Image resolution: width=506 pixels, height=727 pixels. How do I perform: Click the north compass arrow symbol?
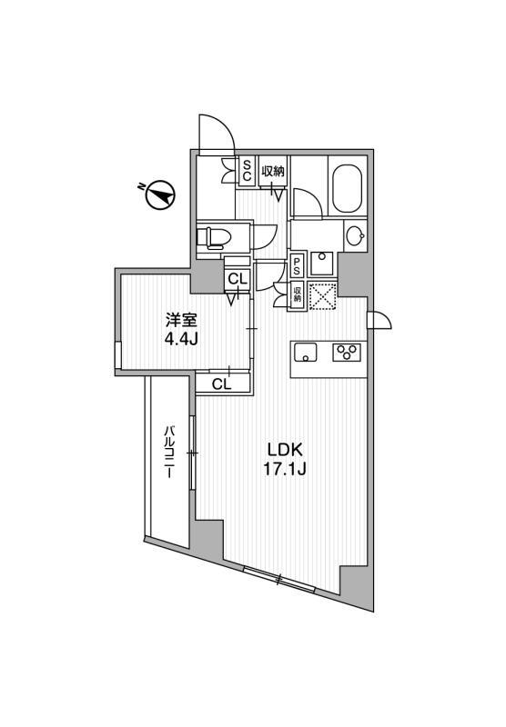[x=162, y=194]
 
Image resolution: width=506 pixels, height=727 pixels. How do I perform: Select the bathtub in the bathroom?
[x=347, y=186]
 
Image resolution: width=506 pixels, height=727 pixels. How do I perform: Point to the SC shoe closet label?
[x=246, y=171]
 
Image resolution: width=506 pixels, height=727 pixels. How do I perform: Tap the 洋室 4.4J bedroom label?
[x=181, y=330]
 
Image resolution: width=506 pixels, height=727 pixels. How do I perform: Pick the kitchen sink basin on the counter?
[x=305, y=351]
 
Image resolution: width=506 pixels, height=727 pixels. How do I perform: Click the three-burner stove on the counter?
[x=347, y=351]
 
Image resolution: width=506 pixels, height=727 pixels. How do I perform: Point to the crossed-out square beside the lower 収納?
[x=321, y=296]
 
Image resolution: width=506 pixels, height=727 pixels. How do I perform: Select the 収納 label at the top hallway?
[x=271, y=170]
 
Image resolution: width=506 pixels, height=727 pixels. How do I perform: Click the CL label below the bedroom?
[x=221, y=384]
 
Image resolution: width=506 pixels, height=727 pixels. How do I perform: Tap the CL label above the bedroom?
[x=237, y=280]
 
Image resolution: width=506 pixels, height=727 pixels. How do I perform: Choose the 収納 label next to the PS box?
[x=297, y=295]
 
